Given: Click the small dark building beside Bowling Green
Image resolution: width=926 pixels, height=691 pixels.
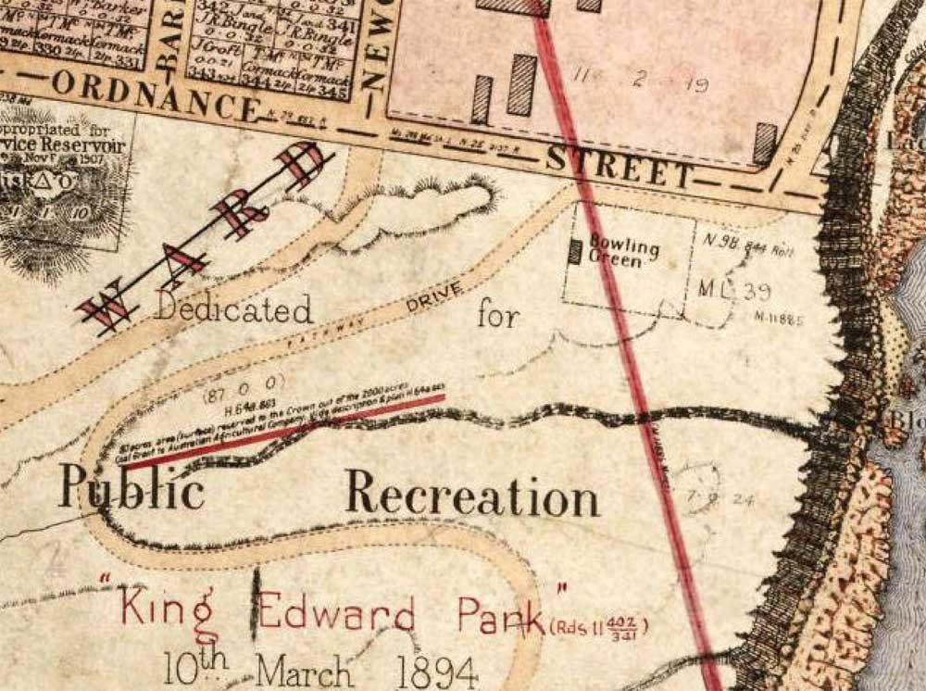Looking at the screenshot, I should click(x=575, y=251).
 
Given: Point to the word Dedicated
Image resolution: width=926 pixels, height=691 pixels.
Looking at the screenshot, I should click(x=233, y=308).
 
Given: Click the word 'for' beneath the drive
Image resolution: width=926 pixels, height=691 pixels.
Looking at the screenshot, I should click(x=498, y=315).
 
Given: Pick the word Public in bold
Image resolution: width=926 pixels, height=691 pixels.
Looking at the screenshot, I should click(x=131, y=489).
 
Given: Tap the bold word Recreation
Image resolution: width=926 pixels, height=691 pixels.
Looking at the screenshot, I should click(x=472, y=495).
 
